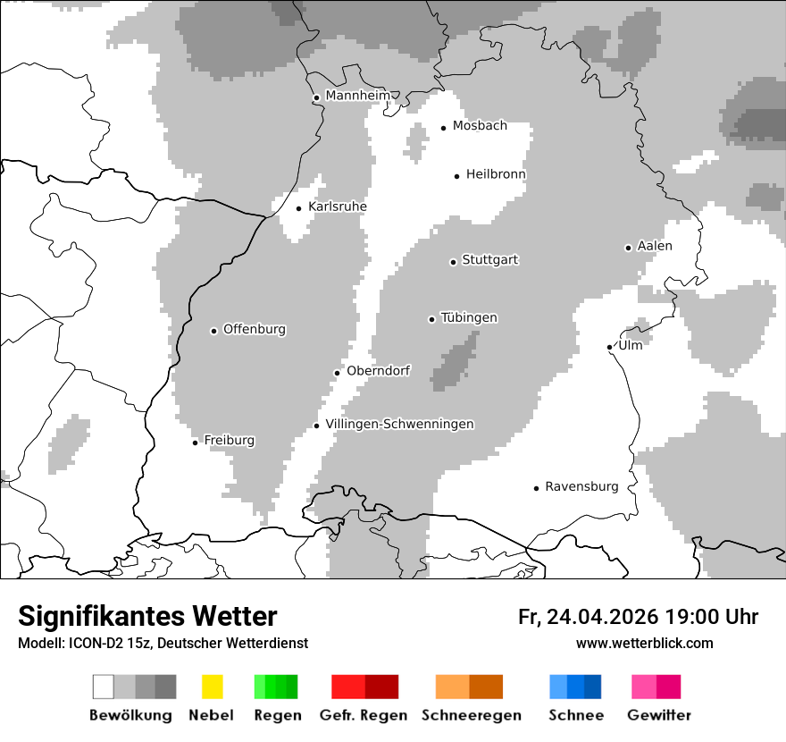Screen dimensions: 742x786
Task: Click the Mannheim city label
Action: (358, 96)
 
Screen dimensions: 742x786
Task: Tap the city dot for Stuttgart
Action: (454, 262)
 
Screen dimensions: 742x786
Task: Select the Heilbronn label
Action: (496, 174)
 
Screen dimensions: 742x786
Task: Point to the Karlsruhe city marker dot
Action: (299, 208)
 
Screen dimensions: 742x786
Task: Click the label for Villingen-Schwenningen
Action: (399, 424)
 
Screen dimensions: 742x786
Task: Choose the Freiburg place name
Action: (229, 440)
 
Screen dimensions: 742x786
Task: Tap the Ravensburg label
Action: (581, 486)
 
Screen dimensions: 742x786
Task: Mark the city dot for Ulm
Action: (609, 347)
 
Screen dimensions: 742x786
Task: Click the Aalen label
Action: (655, 246)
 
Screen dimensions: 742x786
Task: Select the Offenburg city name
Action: (254, 329)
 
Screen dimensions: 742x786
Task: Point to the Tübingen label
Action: (469, 317)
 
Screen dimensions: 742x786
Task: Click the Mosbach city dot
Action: (443, 128)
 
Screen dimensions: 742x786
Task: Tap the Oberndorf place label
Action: (378, 370)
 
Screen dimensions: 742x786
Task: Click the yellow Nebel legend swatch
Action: (212, 687)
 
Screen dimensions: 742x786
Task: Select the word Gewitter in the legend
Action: (658, 715)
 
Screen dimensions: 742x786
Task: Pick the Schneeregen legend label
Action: (471, 715)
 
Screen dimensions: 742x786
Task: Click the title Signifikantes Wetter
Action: (147, 616)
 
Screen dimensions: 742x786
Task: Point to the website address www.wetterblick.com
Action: (644, 643)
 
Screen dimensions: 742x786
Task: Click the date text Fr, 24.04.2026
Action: (588, 617)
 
